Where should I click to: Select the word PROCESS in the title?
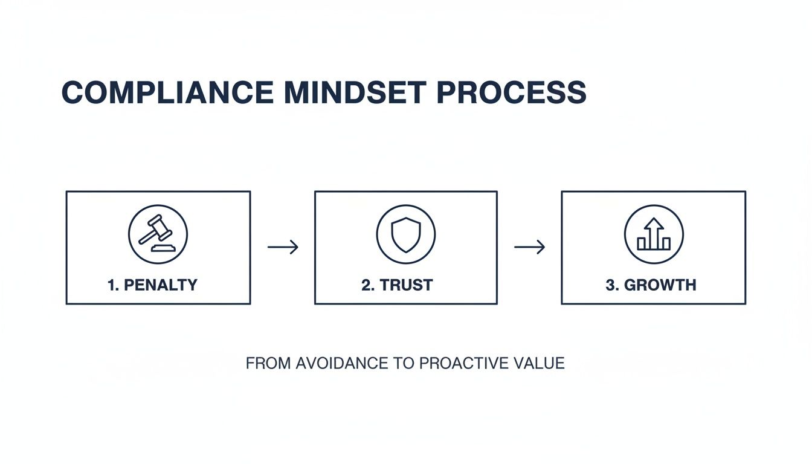pyautogui.click(x=511, y=93)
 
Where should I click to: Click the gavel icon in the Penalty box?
pyautogui.click(x=158, y=234)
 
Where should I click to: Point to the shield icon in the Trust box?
pyautogui.click(x=406, y=234)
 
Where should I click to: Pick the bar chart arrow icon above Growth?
pyautogui.click(x=654, y=234)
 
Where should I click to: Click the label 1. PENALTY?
pyautogui.click(x=152, y=285)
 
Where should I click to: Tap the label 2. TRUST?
pyautogui.click(x=397, y=285)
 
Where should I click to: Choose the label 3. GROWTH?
pyautogui.click(x=651, y=285)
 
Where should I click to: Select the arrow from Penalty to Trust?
pyautogui.click(x=283, y=246)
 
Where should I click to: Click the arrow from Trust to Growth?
pyautogui.click(x=529, y=246)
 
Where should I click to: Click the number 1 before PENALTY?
pyautogui.click(x=112, y=285)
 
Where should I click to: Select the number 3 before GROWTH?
pyautogui.click(x=610, y=285)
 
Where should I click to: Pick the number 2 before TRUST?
pyautogui.click(x=366, y=285)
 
